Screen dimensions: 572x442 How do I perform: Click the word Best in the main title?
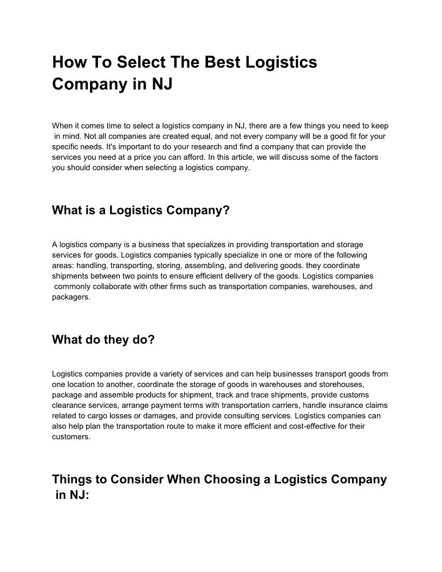[223, 62]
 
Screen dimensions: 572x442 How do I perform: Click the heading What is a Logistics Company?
[141, 210]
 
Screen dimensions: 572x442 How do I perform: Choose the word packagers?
[71, 297]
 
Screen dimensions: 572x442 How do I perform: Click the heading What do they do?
[103, 340]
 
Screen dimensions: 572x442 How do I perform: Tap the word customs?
[355, 395]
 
